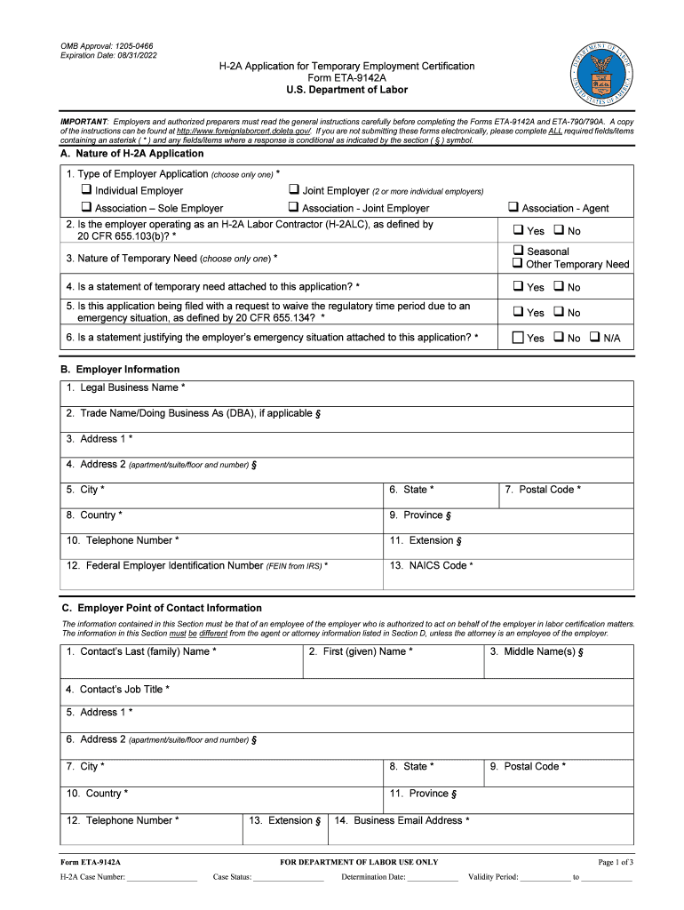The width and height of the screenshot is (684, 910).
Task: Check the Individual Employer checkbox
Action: click(x=86, y=190)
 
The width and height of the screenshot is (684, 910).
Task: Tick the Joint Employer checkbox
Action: click(x=293, y=190)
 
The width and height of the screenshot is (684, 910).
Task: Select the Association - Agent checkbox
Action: click(x=513, y=207)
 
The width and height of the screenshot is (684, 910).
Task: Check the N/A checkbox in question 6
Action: click(x=594, y=338)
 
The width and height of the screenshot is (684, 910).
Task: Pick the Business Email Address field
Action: click(x=480, y=833)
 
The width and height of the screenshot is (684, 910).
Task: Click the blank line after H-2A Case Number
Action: click(x=162, y=877)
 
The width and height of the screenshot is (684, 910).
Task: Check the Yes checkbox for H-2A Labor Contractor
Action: click(x=518, y=230)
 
